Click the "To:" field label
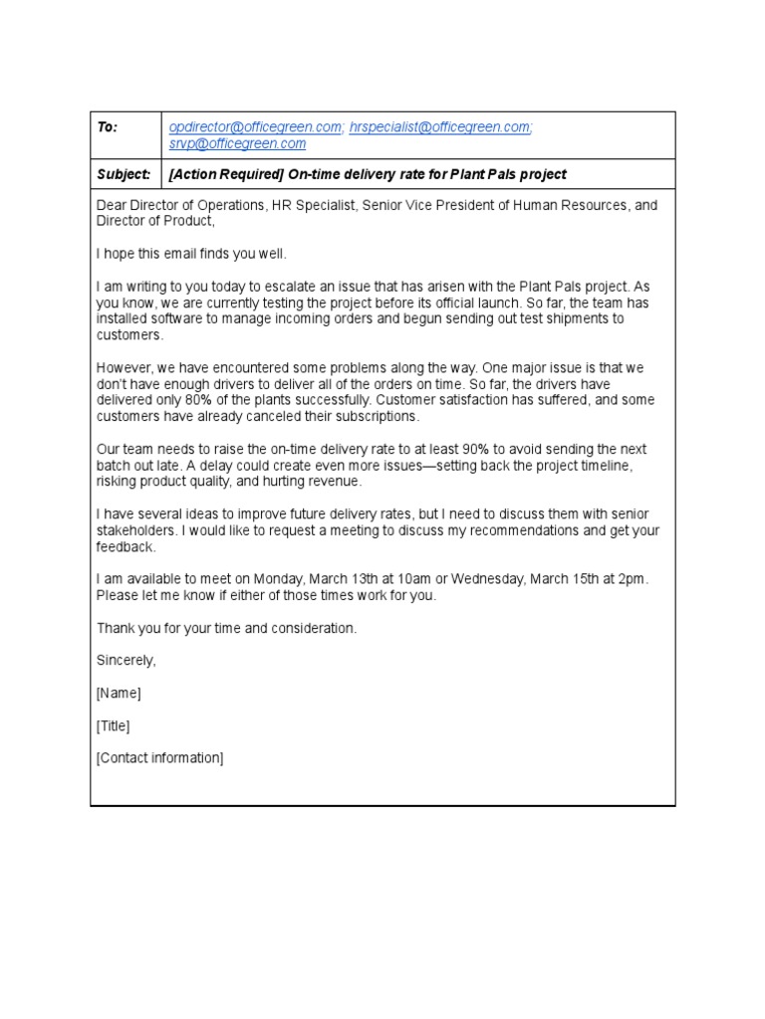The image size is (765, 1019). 108,127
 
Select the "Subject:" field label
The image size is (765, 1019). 124,174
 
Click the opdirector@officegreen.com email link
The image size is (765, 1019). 256,127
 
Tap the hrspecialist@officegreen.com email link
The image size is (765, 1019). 439,127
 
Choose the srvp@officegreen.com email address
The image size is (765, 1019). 237,144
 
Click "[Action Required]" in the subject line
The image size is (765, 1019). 226,174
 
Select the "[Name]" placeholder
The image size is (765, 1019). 119,693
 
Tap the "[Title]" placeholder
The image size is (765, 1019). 113,725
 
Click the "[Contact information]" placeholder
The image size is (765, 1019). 160,758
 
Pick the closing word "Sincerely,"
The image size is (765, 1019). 127,660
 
